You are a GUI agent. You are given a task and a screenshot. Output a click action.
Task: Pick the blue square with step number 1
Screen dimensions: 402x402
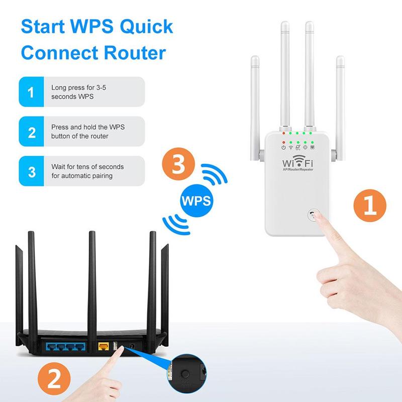click(x=32, y=91)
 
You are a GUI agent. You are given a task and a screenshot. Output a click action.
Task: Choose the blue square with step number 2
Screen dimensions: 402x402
click(x=32, y=132)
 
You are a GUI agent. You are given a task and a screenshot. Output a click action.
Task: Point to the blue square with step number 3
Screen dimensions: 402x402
click(x=32, y=171)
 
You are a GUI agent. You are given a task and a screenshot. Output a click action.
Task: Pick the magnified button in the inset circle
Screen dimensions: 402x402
click(x=186, y=375)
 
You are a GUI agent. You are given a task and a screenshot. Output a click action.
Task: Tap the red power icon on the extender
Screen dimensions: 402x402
click(x=284, y=147)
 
